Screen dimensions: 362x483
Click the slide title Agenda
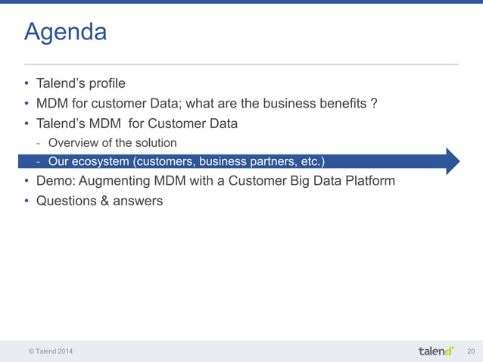click(x=65, y=33)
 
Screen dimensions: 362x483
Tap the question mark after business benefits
click(x=374, y=103)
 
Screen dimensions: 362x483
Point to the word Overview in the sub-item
click(x=73, y=142)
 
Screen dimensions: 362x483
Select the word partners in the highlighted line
click(x=261, y=161)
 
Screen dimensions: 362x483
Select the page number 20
click(x=471, y=351)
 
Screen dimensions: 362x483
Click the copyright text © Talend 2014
click(x=51, y=351)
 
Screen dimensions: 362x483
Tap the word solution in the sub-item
click(x=155, y=142)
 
